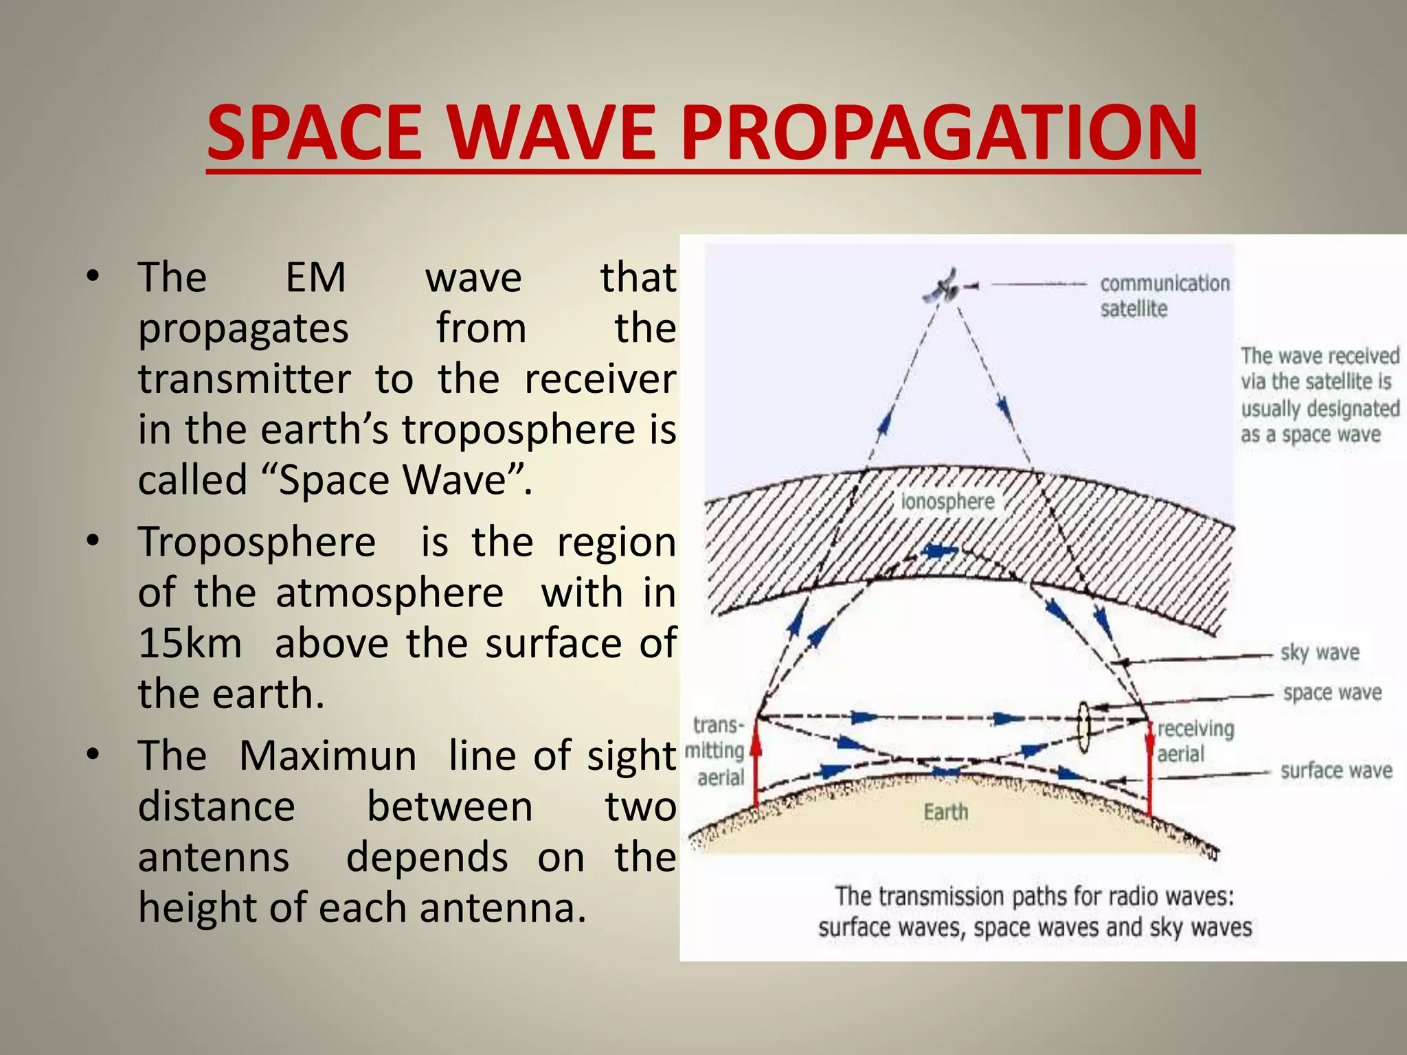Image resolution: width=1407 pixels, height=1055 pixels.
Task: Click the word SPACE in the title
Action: (x=314, y=132)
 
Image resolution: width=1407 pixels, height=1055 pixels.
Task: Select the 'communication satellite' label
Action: (x=1164, y=296)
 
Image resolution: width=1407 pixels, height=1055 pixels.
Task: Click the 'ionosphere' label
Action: (x=947, y=501)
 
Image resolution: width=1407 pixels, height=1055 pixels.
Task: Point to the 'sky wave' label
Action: (x=1319, y=653)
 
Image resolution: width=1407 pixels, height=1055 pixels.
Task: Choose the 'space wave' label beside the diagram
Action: (x=1331, y=693)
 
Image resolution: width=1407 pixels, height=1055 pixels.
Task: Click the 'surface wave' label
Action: (x=1336, y=771)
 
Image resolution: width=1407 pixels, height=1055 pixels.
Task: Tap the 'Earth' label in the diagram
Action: (x=945, y=813)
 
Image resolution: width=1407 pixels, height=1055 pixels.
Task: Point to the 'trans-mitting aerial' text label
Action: (x=717, y=751)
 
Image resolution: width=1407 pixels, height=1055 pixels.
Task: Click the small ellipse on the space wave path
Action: (x=1083, y=727)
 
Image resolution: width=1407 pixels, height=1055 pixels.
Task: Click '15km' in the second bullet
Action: (x=190, y=644)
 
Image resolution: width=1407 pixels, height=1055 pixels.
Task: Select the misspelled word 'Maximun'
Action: (x=327, y=756)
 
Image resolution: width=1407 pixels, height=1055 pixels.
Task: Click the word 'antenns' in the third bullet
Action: (x=214, y=858)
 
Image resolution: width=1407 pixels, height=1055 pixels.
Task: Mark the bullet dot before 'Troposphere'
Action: (x=93, y=541)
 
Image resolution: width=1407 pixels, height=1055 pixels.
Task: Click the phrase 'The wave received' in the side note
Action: (x=1319, y=356)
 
